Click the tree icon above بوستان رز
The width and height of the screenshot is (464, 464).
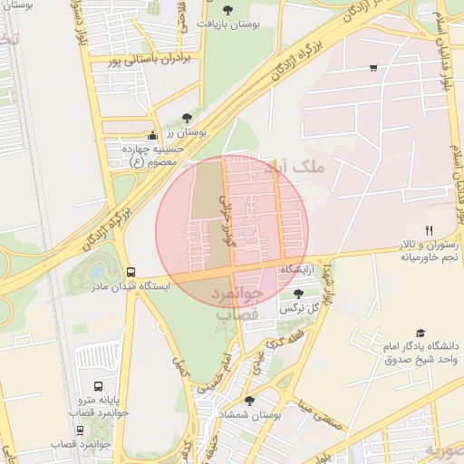coord(187,118)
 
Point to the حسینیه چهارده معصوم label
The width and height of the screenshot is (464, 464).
coord(154,155)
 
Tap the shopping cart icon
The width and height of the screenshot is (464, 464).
coord(373,68)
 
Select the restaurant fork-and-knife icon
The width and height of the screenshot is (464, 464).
coord(430,230)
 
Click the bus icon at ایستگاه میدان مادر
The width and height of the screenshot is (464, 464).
coord(131,271)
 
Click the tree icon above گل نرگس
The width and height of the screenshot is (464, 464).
coord(299,293)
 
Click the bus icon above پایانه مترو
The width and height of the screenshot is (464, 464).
coord(99,386)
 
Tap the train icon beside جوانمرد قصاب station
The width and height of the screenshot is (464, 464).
coord(81,430)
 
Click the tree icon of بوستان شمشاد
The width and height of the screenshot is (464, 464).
coord(249,400)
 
